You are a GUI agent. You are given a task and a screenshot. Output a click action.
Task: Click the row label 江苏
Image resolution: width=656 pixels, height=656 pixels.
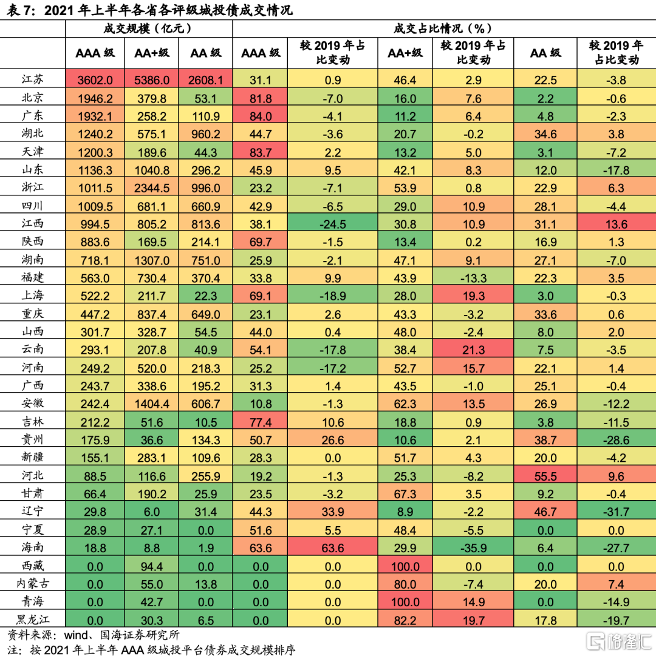32,79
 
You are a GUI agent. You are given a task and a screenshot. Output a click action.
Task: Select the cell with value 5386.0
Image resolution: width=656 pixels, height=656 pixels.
152,79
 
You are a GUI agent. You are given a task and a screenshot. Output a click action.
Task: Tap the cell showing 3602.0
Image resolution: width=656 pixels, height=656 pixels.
95,79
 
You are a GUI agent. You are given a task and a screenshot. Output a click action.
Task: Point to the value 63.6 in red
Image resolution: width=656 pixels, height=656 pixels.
333,547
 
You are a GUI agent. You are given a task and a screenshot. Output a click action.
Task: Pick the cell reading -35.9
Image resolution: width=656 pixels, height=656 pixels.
473,547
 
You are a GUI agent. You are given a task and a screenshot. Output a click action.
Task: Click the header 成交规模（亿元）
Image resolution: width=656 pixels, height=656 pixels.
148,29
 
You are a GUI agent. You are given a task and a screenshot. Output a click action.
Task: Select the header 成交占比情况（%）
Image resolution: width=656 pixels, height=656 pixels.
443,29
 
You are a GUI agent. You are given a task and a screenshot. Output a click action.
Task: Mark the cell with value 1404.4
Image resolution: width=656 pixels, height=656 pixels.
152,403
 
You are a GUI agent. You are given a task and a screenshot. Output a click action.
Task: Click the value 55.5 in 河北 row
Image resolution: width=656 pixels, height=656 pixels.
545,475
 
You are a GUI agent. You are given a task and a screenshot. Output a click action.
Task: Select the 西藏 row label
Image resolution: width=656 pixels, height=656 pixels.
32,566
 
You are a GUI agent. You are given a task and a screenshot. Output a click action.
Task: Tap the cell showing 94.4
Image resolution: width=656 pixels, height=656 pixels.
152,566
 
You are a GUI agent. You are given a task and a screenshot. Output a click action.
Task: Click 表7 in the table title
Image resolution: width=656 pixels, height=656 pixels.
22,10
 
